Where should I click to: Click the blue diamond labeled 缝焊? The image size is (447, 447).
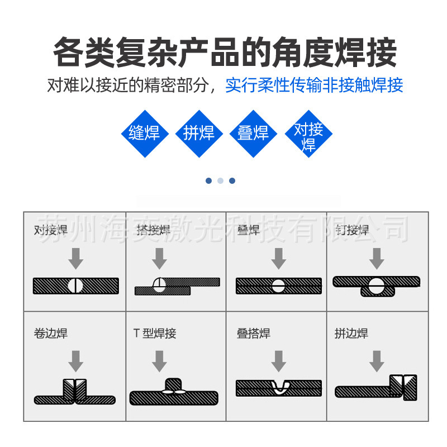(144, 133)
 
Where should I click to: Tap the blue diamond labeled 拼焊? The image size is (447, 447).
(199, 133)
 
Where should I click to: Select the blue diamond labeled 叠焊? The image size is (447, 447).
(253, 133)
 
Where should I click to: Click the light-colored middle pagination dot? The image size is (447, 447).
(220, 180)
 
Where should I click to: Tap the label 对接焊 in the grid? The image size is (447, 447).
(51, 230)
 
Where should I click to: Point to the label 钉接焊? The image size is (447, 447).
(352, 230)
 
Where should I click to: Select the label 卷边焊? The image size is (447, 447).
(51, 334)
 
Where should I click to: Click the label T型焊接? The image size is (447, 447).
(155, 334)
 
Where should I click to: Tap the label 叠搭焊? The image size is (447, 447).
(254, 334)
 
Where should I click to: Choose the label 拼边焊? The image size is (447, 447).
(351, 334)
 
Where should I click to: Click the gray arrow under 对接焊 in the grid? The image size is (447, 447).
(75, 258)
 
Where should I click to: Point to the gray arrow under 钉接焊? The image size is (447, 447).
(377, 258)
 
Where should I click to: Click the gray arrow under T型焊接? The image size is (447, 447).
(160, 361)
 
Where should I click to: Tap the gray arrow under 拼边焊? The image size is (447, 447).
(377, 361)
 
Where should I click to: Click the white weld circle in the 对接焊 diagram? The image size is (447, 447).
(75, 286)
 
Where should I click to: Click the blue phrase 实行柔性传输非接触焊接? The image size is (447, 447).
(314, 85)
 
